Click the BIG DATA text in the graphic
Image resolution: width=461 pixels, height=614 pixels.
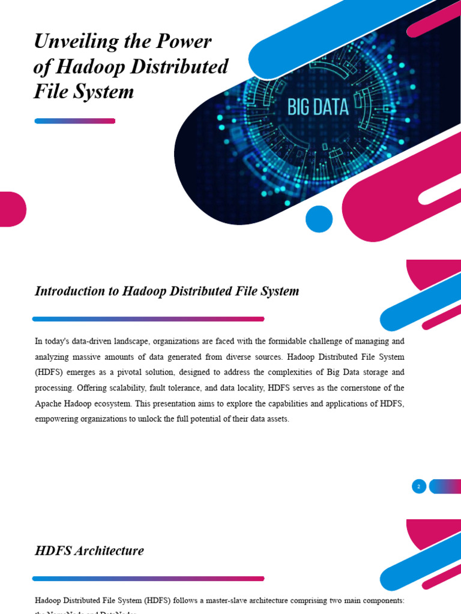(318, 107)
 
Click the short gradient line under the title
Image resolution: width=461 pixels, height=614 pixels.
(75, 121)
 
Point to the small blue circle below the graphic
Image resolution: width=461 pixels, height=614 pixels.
(319, 219)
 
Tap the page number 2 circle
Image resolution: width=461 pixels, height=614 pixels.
(419, 486)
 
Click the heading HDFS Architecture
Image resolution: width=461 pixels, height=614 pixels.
(89, 550)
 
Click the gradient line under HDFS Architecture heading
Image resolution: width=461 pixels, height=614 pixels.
(148, 579)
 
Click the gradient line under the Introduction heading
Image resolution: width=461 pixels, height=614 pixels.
(148, 319)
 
